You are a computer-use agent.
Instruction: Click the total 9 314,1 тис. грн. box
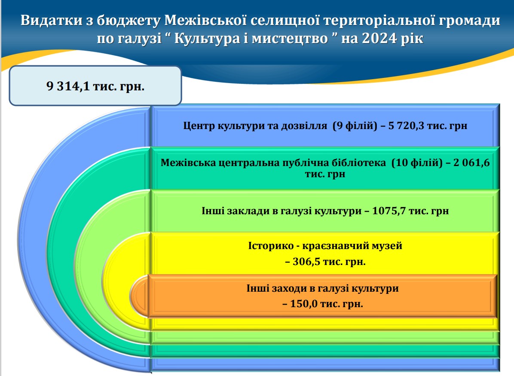(x=95, y=86)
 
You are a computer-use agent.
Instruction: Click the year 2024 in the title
(x=379, y=38)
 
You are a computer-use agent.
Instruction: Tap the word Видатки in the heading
(x=52, y=20)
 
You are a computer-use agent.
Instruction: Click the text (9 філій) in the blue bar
(x=355, y=126)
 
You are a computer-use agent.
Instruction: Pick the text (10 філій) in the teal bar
(x=417, y=163)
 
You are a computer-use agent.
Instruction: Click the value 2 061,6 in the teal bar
(x=472, y=163)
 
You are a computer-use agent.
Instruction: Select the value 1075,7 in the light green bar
(x=389, y=211)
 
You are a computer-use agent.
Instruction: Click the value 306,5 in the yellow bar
(x=306, y=262)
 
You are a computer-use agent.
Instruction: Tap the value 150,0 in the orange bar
(x=304, y=304)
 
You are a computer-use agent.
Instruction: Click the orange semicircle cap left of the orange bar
(x=139, y=296)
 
